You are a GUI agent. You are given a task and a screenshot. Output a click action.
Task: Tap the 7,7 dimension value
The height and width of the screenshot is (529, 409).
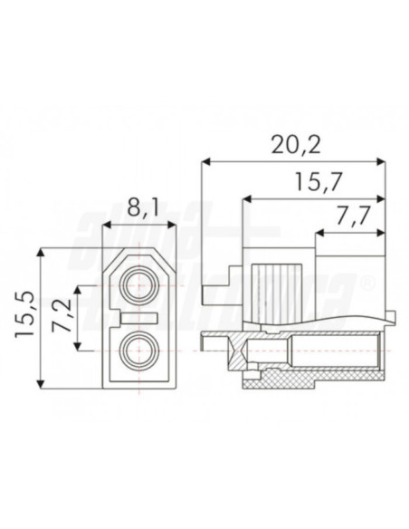click(x=349, y=218)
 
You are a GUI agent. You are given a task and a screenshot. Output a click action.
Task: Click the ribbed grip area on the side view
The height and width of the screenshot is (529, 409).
click(x=280, y=291)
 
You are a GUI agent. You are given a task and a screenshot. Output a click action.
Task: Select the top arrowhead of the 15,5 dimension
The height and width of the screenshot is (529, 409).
click(x=42, y=253)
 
